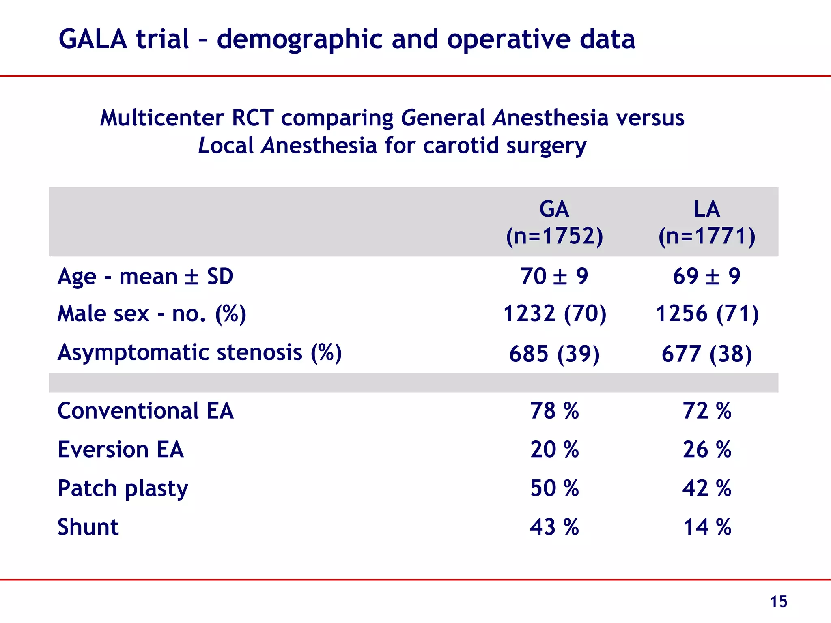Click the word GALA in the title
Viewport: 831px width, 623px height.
click(93, 39)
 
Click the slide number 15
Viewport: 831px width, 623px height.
click(778, 602)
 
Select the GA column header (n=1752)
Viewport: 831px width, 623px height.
click(554, 222)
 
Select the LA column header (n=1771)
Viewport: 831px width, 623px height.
click(706, 222)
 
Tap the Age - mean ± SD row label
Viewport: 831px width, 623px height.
click(145, 277)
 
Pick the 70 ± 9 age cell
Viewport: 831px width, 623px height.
click(554, 277)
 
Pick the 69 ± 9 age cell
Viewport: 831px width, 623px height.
click(706, 277)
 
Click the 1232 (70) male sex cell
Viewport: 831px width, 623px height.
click(554, 314)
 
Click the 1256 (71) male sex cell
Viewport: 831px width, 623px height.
click(706, 314)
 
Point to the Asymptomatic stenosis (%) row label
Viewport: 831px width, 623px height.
click(200, 352)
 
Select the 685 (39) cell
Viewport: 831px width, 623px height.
click(554, 354)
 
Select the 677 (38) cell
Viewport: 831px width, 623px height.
click(706, 354)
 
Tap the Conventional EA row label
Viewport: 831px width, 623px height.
click(145, 411)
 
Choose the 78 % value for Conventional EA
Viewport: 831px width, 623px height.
click(554, 411)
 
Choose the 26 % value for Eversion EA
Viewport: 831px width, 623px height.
click(706, 449)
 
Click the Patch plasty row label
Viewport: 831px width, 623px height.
click(123, 488)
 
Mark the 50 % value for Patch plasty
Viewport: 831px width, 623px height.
click(554, 488)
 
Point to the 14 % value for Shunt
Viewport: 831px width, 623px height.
click(706, 527)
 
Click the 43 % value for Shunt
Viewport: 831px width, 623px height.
click(554, 527)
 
